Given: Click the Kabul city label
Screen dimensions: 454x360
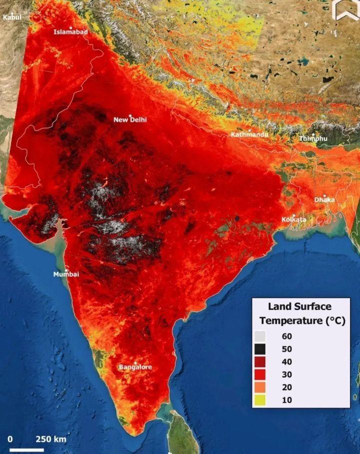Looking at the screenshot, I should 12,17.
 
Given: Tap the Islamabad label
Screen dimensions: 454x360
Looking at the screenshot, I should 70,32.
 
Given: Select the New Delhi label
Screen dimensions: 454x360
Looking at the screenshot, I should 130,120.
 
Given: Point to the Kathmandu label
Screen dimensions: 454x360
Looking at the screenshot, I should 249,135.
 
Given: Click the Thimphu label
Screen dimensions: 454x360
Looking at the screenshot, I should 313,138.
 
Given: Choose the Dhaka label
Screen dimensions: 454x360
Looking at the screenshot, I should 324,200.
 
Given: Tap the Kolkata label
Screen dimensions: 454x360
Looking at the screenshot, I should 294,219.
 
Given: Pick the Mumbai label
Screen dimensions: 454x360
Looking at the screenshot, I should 66,274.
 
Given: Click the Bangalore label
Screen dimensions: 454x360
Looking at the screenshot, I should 135,367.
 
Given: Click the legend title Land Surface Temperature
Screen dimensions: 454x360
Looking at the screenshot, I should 300,313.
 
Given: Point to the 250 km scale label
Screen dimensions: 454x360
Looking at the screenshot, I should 50,439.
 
